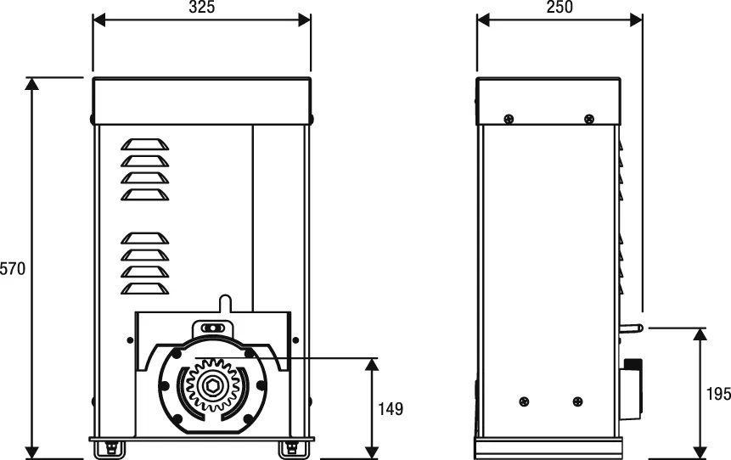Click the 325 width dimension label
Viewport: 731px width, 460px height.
click(201, 8)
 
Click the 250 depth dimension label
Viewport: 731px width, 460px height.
click(559, 8)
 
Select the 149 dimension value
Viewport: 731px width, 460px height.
click(390, 409)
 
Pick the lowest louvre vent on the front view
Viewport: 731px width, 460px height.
click(144, 289)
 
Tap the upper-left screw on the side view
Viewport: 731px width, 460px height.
click(509, 117)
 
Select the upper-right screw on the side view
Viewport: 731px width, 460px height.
click(588, 117)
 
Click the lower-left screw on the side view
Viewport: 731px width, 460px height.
click(524, 401)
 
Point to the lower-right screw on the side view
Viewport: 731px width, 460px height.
click(577, 401)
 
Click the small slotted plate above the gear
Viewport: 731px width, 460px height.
click(211, 328)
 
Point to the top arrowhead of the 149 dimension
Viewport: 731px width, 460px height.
click(371, 364)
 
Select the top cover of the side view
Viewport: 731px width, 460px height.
click(548, 101)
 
